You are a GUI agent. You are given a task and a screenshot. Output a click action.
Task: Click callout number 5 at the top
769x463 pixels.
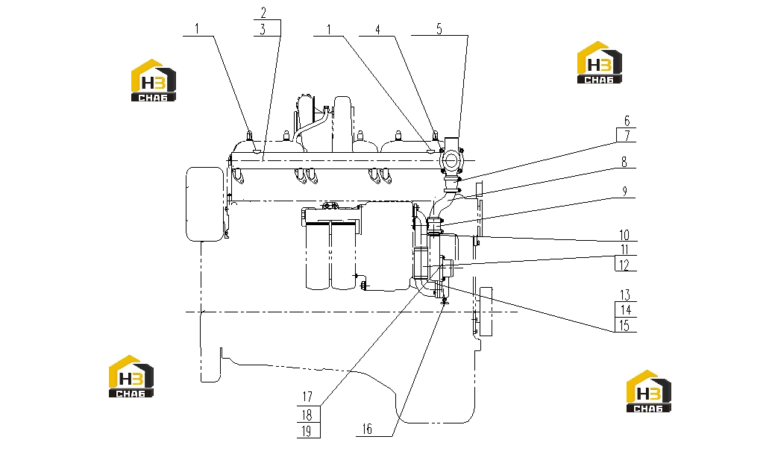click(439, 29)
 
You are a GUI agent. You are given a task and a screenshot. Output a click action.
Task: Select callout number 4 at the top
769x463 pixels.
click(377, 29)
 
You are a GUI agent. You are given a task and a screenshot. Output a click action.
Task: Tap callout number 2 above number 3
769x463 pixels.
click(263, 13)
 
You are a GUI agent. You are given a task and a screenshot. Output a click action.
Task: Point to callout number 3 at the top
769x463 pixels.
click(263, 29)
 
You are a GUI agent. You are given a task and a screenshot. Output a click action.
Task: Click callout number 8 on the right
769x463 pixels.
click(624, 162)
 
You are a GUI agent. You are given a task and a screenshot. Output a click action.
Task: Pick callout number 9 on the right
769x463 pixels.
click(624, 192)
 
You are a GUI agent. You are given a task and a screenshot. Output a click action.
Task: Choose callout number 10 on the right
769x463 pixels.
click(624, 235)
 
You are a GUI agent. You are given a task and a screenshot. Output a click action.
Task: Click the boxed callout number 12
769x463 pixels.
click(624, 265)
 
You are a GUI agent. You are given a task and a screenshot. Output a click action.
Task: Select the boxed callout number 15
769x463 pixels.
click(624, 325)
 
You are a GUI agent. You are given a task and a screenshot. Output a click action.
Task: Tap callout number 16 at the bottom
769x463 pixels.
click(367, 429)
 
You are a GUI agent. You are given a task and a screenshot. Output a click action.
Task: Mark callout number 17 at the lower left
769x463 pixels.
click(307, 397)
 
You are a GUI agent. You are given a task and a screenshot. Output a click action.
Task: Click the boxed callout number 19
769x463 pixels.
click(307, 431)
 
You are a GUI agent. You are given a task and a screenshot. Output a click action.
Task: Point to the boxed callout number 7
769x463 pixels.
click(627, 136)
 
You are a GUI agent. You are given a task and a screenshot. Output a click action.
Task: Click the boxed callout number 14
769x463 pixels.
click(625, 310)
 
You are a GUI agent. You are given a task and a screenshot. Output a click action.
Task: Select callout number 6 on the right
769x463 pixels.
click(627, 121)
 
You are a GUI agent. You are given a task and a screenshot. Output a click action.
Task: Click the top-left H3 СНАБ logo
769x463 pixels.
click(154, 81)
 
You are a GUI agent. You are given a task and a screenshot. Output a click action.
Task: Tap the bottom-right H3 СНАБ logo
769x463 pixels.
click(649, 391)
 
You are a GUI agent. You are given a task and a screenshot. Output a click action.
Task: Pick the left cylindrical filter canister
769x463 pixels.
click(318, 256)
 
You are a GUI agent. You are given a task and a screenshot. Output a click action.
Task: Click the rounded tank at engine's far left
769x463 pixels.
click(204, 204)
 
